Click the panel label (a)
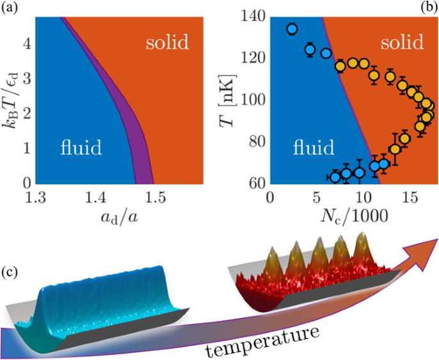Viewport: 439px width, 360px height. pos(10,7)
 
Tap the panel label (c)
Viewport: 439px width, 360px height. pos(10,272)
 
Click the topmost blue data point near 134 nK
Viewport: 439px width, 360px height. pos(292,29)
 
